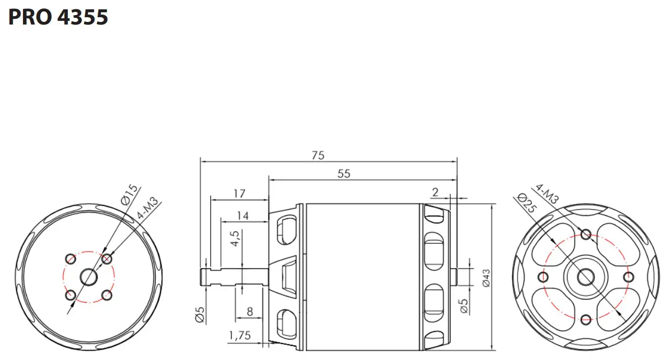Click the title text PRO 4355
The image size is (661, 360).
click(58, 17)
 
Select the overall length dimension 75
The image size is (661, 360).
click(318, 155)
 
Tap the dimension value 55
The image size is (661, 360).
click(344, 174)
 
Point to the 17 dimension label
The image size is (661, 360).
click(239, 194)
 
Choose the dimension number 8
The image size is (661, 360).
click(250, 311)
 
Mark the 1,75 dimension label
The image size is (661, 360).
click(240, 335)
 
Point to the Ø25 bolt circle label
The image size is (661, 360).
click(528, 203)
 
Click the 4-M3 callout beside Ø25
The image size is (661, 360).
click(547, 194)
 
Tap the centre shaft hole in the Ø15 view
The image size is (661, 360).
click(89, 277)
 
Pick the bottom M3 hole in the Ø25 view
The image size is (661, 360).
click(586, 319)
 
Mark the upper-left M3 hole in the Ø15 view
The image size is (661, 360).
click(70, 258)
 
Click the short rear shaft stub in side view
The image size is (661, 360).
click(454, 277)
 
